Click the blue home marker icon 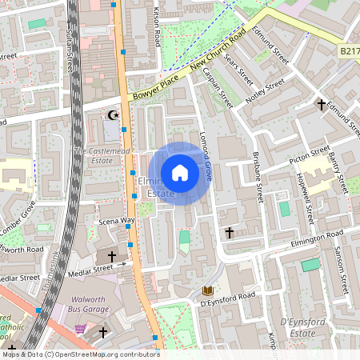click(180, 173)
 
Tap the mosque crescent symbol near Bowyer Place click(113, 115)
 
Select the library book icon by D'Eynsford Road click(208, 290)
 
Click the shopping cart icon click(79, 328)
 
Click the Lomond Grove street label click(206, 155)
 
